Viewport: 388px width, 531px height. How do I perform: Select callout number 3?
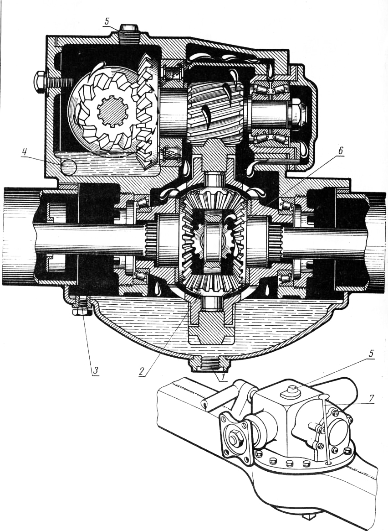95,370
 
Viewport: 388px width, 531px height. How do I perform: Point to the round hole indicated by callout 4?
68,167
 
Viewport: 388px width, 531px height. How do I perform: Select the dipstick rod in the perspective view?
324,429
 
